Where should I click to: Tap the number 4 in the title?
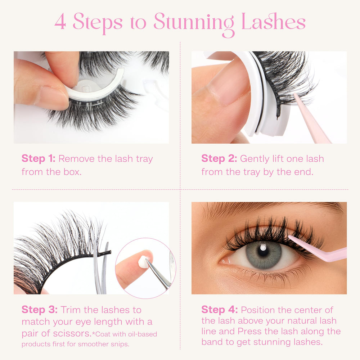(x=60, y=22)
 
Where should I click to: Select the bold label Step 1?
(x=39, y=158)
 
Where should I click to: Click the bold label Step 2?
(x=219, y=158)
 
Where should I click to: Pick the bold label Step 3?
(x=40, y=310)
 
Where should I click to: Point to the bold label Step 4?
(x=220, y=310)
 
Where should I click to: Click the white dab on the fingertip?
(x=143, y=262)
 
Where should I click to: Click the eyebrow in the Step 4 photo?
(x=271, y=208)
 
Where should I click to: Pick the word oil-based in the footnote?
(x=143, y=334)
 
